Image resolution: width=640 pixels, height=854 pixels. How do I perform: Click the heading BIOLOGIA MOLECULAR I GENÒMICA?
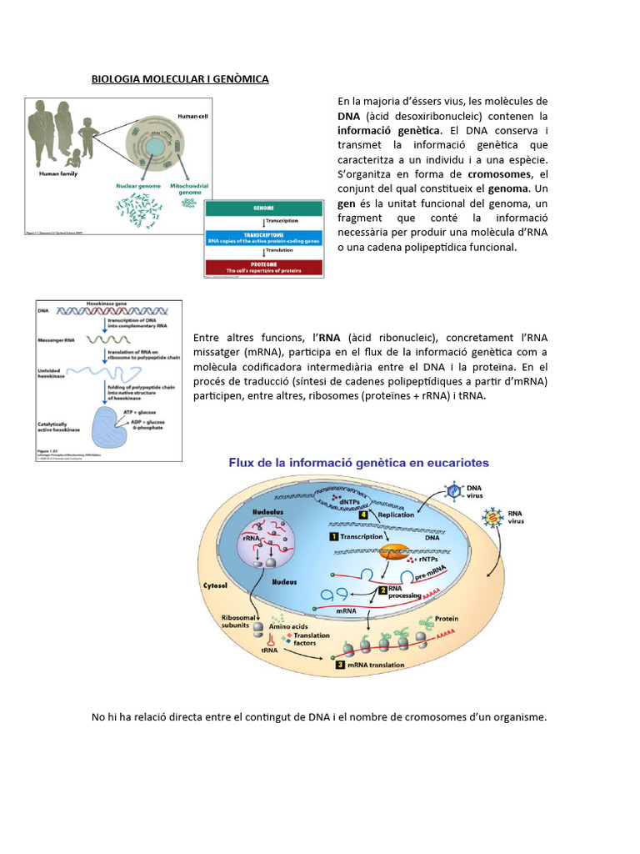(x=180, y=79)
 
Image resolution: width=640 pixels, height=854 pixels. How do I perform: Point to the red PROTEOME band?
(x=263, y=268)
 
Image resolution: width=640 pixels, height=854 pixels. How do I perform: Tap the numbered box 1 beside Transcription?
(x=333, y=537)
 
